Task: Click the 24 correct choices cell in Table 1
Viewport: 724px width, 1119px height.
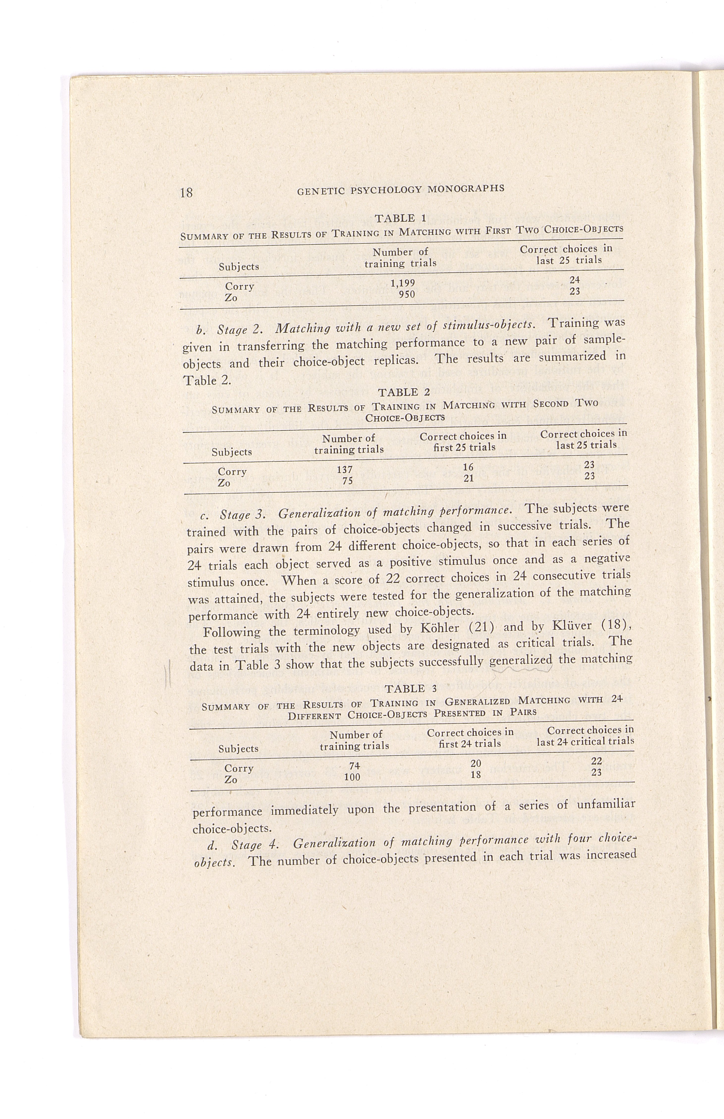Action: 574,280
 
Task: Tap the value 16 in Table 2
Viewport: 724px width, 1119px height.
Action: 468,467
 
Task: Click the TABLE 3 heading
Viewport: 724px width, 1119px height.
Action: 411,689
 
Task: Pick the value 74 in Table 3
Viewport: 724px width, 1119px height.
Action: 354,766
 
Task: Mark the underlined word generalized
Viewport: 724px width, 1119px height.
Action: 520,661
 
